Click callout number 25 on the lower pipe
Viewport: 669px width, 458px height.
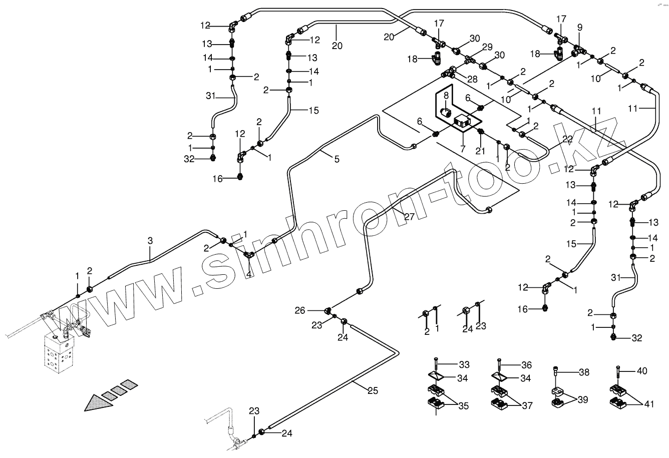click(x=372, y=391)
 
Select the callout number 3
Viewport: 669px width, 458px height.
click(x=150, y=241)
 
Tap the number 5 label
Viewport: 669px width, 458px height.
click(x=337, y=159)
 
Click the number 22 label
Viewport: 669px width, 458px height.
click(x=567, y=139)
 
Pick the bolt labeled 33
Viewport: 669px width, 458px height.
click(x=436, y=364)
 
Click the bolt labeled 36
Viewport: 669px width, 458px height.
click(x=499, y=364)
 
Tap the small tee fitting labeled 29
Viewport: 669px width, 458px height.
click(x=470, y=59)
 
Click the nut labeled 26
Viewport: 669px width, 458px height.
click(x=328, y=311)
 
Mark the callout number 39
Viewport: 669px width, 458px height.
click(x=582, y=400)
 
